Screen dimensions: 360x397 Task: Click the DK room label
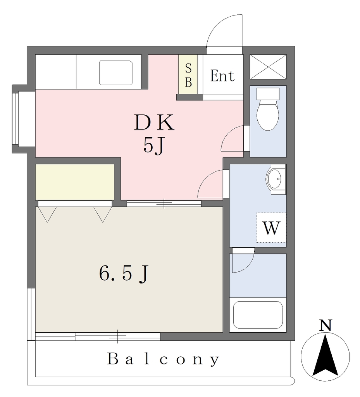(x=154, y=122)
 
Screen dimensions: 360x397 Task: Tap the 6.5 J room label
(x=123, y=274)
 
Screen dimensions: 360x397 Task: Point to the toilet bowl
(x=268, y=109)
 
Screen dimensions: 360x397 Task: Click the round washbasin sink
(x=274, y=179)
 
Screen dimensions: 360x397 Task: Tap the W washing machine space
(x=271, y=228)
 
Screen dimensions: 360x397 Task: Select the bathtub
(x=258, y=315)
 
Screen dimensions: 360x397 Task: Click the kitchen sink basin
(x=116, y=72)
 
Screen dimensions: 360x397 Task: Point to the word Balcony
(x=164, y=359)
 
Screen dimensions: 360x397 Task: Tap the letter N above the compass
(x=326, y=325)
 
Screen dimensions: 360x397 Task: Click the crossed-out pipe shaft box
(x=268, y=67)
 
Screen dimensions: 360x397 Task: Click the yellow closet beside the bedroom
(x=75, y=182)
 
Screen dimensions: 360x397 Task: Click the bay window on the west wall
(x=24, y=119)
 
